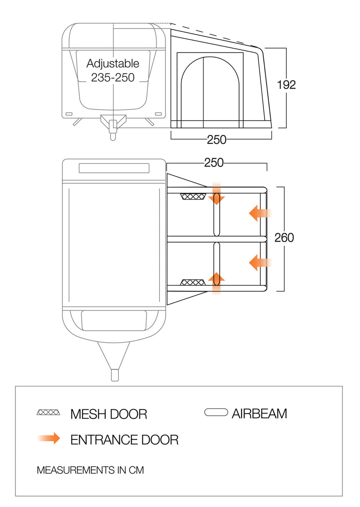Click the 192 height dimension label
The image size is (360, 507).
(286, 85)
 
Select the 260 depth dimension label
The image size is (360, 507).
(284, 238)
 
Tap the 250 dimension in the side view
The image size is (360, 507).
(216, 140)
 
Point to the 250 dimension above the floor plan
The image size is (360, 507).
(214, 163)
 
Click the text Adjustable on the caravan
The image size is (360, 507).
(113, 64)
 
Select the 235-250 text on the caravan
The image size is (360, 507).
(113, 78)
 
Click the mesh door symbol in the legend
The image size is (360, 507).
(48, 412)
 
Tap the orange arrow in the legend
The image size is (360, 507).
(49, 439)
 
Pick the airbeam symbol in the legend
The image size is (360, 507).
(216, 412)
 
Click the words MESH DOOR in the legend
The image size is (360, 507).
(109, 414)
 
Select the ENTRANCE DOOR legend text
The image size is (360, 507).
(124, 440)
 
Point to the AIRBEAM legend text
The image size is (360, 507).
(259, 414)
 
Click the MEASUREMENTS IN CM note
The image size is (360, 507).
(90, 470)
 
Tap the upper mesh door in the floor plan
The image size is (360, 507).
(193, 197)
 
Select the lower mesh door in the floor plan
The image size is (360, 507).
(193, 282)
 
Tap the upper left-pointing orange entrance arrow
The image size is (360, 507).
(260, 213)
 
